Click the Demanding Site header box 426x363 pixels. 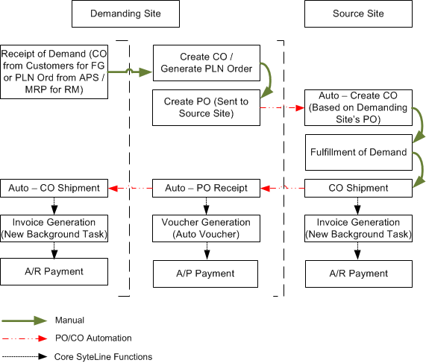tap(125, 13)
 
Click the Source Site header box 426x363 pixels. tap(358, 13)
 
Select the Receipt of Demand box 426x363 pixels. tap(54, 72)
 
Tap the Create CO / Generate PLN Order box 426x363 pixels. tap(207, 63)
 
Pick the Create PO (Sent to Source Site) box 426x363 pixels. tap(206, 107)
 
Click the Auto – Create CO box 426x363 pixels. tap(358, 107)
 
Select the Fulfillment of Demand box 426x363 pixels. tap(359, 152)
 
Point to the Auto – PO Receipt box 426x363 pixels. tap(206, 188)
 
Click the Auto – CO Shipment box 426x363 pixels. tap(54, 188)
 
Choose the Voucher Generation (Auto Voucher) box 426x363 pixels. tap(206, 228)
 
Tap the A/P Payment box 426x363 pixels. tap(205, 274)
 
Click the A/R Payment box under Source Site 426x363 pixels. tap(359, 274)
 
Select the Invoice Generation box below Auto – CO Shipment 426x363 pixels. tap(54, 228)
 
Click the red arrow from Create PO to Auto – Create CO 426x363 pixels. tap(282, 108)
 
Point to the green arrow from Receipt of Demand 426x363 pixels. tap(130, 72)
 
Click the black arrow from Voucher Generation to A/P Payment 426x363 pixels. tap(207, 251)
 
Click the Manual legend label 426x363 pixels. tap(69, 320)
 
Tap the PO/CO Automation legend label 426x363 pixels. tap(93, 338)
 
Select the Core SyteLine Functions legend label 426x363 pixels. tap(103, 356)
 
